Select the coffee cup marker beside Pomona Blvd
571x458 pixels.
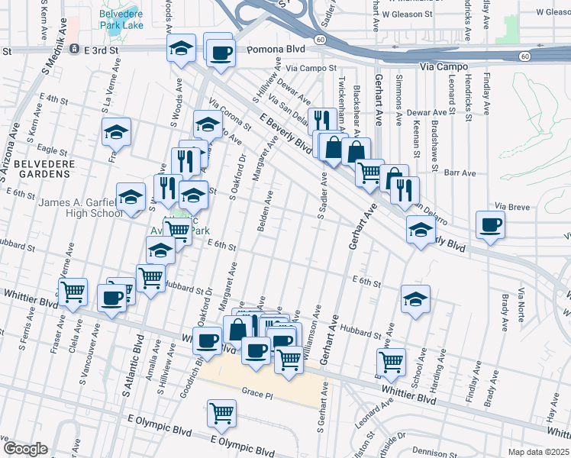(221, 53)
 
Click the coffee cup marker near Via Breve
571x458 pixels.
(489, 224)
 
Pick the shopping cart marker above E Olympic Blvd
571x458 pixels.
(221, 414)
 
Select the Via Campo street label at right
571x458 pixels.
(443, 66)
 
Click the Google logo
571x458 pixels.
(24, 449)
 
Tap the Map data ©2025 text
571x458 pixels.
(538, 452)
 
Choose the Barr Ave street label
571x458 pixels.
(460, 173)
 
